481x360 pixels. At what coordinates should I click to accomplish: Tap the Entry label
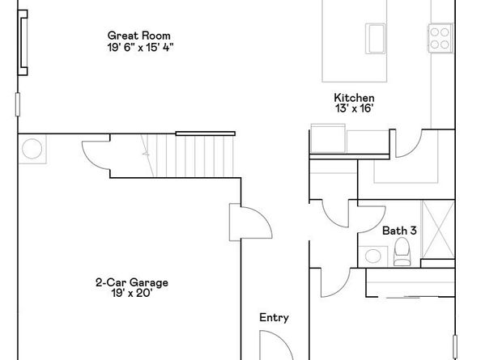(x=274, y=318)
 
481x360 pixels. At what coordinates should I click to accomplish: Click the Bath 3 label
(x=399, y=231)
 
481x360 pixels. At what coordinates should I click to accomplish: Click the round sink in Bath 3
(x=373, y=256)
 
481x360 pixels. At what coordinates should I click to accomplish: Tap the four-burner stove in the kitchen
(x=439, y=36)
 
